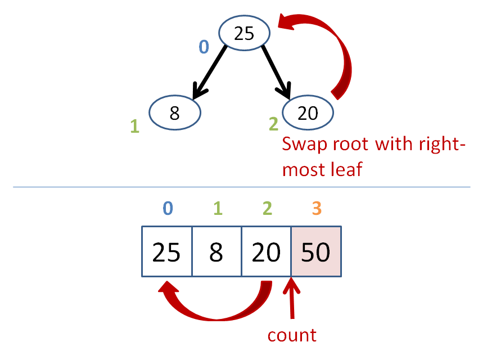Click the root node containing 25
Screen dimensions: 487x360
[244, 33]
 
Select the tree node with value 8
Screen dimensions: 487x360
[175, 112]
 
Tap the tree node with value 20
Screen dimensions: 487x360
[308, 112]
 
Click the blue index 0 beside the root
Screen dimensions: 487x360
[204, 47]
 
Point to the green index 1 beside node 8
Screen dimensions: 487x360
[135, 126]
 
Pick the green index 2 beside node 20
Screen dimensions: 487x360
[273, 124]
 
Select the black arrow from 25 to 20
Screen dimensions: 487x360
[277, 73]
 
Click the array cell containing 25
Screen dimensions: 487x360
[167, 251]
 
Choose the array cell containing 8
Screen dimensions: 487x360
[217, 251]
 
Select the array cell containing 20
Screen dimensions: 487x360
[266, 251]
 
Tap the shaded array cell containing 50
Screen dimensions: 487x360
[316, 251]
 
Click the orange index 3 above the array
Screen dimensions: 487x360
[317, 208]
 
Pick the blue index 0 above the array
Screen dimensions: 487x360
[168, 208]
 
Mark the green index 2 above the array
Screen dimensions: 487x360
[268, 208]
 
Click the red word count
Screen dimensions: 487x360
[292, 335]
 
